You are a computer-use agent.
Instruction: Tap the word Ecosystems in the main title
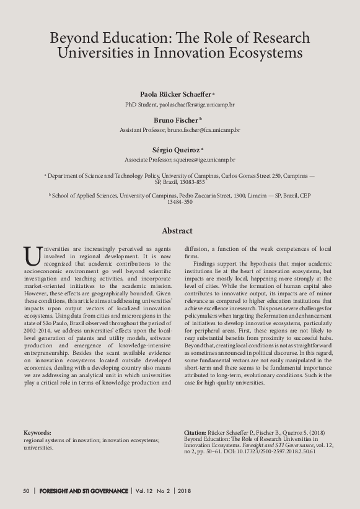click(265, 53)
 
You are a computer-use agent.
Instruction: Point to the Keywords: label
click(38, 432)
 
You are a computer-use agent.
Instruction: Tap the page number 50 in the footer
click(26, 491)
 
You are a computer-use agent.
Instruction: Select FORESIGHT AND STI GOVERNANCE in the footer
click(83, 491)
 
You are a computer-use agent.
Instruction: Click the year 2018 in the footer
click(184, 491)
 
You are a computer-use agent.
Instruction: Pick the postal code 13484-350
click(180, 202)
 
